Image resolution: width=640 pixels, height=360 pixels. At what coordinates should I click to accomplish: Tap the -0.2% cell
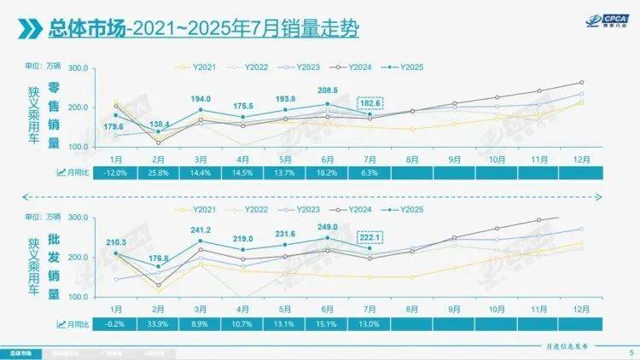click(x=114, y=324)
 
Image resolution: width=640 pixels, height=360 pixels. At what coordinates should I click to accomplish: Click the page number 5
click(x=630, y=351)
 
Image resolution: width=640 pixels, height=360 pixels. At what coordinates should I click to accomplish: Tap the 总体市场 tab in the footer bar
click(x=22, y=351)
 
